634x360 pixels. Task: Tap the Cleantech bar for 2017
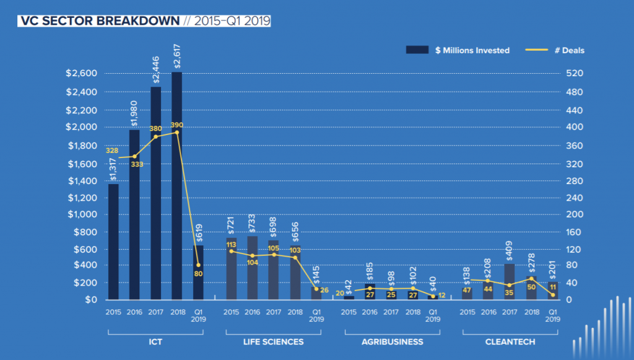[509, 282]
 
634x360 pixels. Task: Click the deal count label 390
[178, 125]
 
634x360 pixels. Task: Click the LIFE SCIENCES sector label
[273, 341]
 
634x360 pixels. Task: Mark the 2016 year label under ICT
[134, 312]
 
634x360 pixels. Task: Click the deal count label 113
[231, 244]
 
